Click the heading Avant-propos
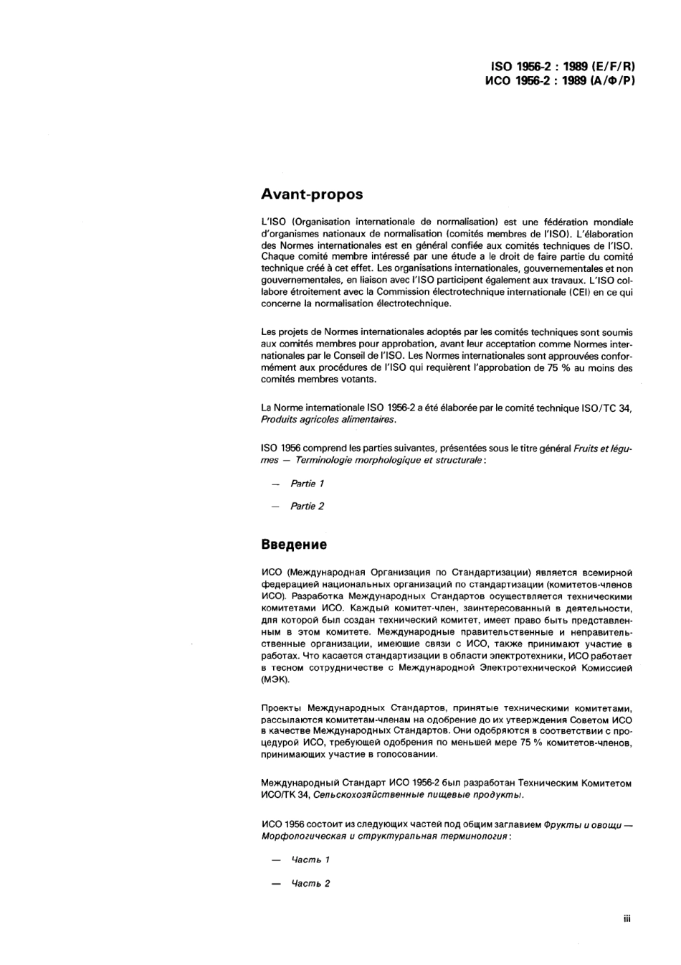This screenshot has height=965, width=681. pos(312,194)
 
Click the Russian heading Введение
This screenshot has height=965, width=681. pos(294,545)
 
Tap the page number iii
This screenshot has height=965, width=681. pos(627,918)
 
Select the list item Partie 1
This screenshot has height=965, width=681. pos(307,484)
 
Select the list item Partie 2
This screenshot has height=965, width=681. pos(307,506)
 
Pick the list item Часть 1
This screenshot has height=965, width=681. pos(310,860)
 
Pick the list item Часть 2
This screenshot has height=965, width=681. pos(310,883)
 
